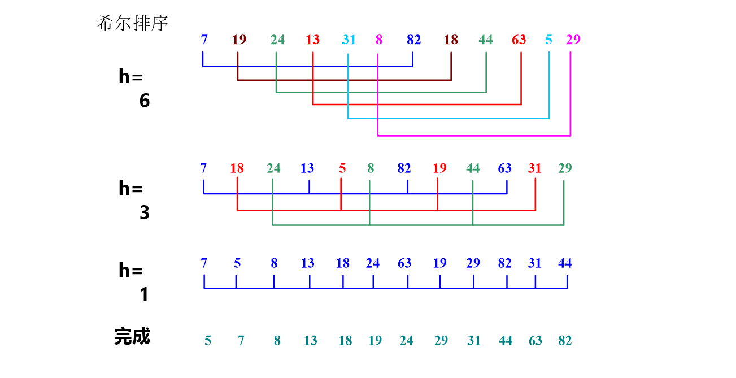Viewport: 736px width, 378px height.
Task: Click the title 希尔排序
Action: (x=132, y=23)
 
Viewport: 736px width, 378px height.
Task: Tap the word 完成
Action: (x=132, y=336)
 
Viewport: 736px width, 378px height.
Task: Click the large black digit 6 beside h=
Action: (x=145, y=101)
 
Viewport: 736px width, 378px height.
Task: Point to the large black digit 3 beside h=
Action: (x=145, y=213)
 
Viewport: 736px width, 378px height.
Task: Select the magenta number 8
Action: (x=378, y=40)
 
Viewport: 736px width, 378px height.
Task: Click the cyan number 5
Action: (x=548, y=40)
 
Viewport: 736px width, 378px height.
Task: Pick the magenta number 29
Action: (x=573, y=40)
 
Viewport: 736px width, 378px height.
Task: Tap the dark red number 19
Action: (x=239, y=40)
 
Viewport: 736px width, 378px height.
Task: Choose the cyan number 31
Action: (x=349, y=40)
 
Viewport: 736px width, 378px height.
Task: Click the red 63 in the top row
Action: (x=519, y=40)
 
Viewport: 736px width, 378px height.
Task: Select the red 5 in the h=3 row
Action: (x=342, y=168)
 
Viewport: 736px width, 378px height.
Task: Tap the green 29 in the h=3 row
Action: (x=565, y=168)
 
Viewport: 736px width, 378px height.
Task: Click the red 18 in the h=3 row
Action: (x=237, y=168)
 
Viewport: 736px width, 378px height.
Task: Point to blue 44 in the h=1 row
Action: (x=565, y=263)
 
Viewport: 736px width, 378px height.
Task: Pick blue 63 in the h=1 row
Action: (x=404, y=263)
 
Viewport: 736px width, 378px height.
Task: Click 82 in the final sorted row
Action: (x=565, y=340)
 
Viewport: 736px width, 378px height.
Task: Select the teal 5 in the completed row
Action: (x=208, y=340)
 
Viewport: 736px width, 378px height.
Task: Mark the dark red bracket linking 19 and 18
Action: (x=344, y=80)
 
